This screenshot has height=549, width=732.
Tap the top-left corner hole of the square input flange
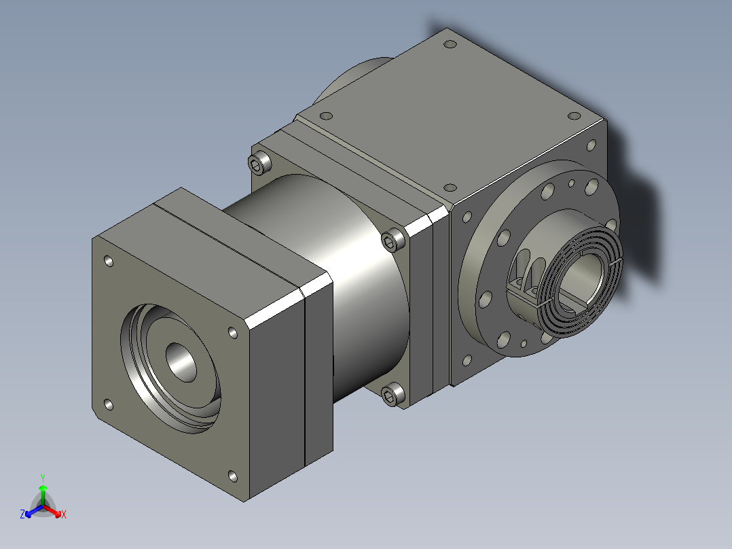click(108, 260)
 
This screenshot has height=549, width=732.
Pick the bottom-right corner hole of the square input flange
click(232, 476)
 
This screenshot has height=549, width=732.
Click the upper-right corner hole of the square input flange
click(233, 332)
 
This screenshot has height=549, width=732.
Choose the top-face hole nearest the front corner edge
click(449, 187)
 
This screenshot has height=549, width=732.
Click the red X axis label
click(64, 514)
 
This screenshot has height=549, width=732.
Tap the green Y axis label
click(43, 478)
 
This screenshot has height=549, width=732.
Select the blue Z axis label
click(22, 514)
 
